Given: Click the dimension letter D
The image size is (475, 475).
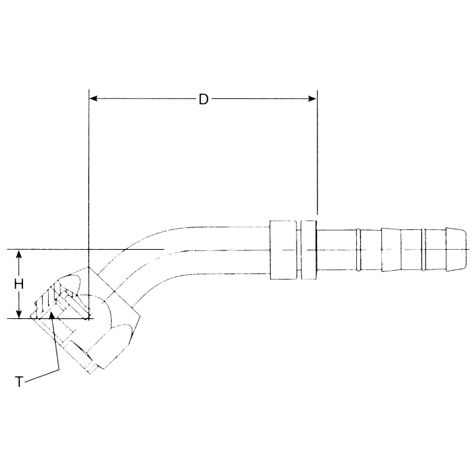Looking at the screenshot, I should (x=203, y=99).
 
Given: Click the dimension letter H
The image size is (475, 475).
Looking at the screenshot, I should (x=20, y=284).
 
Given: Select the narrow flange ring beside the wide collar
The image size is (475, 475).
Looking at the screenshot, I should (x=309, y=250).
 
